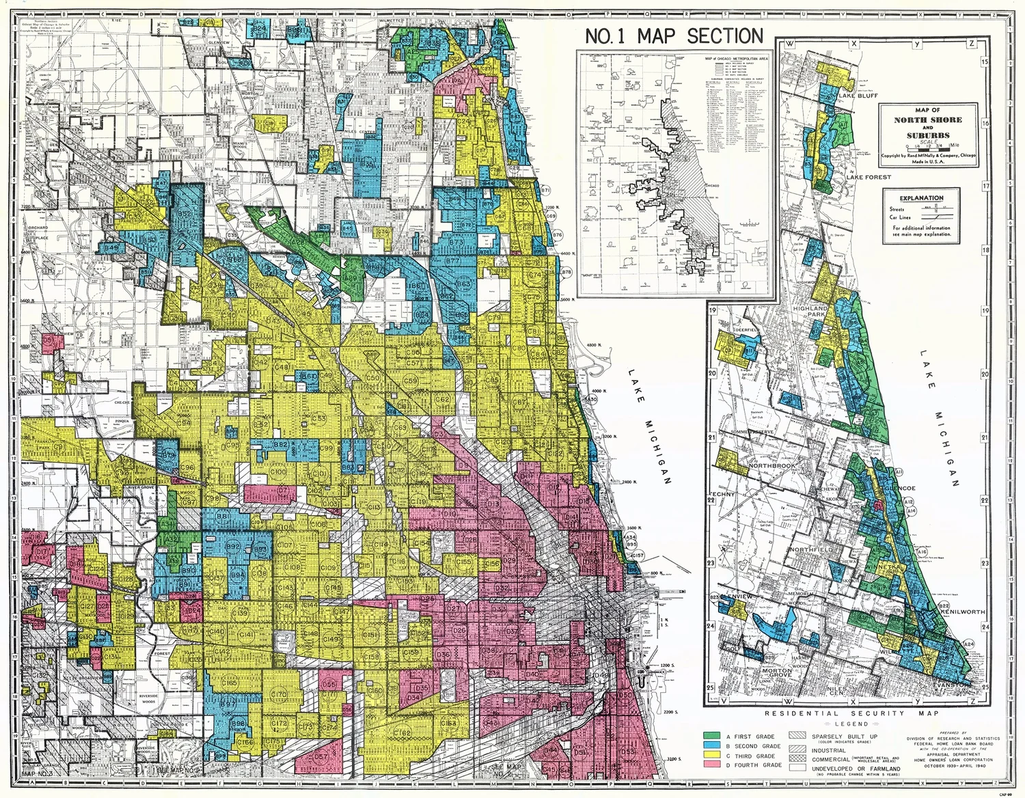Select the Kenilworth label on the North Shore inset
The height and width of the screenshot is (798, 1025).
pyautogui.click(x=963, y=613)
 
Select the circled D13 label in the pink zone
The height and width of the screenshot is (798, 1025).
pyautogui.click(x=493, y=504)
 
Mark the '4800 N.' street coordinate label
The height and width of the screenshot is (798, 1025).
pyautogui.click(x=596, y=346)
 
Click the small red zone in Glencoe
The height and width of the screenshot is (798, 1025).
pyautogui.click(x=878, y=506)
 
